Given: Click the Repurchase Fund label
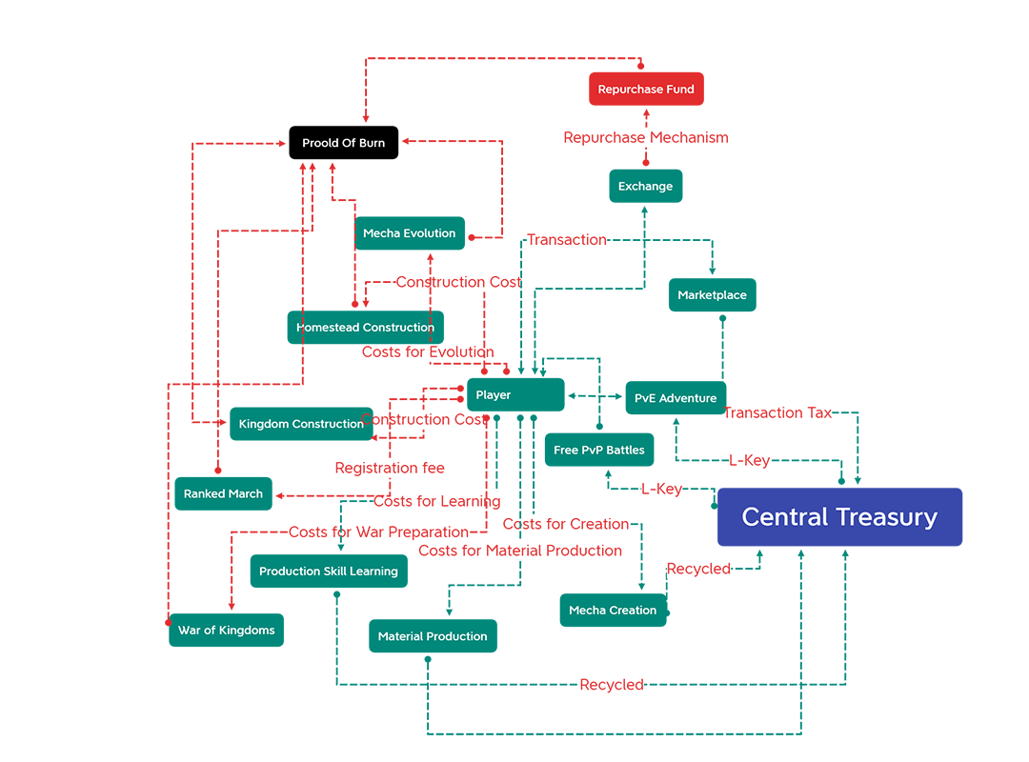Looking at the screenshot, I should coord(645,90).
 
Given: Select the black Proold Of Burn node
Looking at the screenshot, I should coord(343,143).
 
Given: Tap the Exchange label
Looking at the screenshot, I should coord(645,187).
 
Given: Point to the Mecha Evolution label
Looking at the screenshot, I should coord(409,233).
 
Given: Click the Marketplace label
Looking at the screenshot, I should coord(712,295).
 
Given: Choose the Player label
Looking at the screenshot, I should coord(493,395).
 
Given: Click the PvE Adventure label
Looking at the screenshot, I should coord(676,398).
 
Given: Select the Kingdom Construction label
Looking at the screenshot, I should coord(301,424).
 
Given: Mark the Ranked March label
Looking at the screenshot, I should coord(223,494).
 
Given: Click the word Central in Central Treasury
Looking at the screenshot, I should coord(788,517).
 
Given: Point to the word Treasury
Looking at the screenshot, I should coord(888,517).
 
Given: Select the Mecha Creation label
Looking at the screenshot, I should coord(613,611).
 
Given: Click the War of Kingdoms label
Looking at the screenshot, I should coord(226,631).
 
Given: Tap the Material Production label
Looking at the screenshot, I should coord(433,636).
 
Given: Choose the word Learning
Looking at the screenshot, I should coord(375,571).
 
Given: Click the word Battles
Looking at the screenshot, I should coord(625,451).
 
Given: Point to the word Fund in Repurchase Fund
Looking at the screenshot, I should coord(679,90).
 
